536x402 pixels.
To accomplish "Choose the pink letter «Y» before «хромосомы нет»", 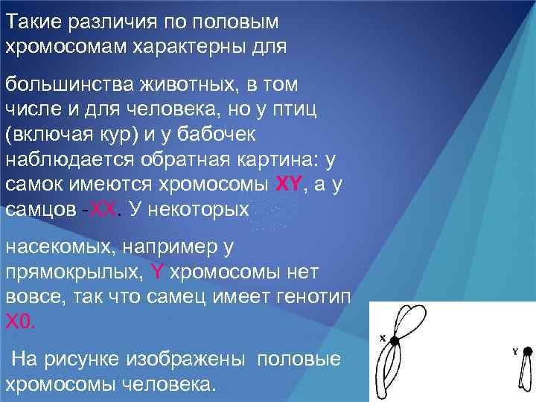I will click(156, 271).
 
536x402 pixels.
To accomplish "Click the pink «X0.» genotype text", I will click(19, 321).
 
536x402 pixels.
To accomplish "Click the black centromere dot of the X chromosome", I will click(394, 340).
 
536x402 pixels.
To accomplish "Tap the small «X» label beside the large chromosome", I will click(383, 339).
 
